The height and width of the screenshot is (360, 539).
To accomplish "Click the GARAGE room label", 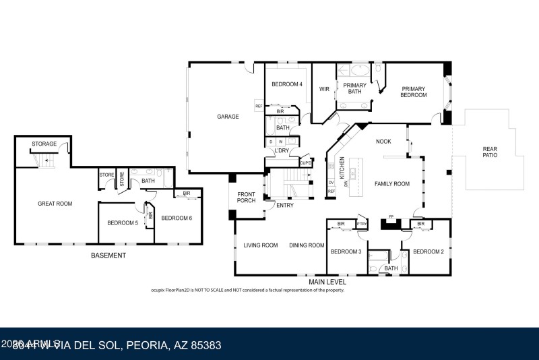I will [228, 117].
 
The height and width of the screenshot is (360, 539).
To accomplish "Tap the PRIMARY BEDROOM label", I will [414, 92].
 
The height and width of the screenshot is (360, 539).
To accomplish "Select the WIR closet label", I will [324, 88].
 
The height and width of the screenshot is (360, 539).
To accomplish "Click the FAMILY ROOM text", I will [392, 183].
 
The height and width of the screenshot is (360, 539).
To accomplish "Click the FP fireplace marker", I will [391, 217].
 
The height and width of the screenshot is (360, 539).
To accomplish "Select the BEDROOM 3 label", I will [345, 251].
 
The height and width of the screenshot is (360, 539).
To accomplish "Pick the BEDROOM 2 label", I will [429, 251].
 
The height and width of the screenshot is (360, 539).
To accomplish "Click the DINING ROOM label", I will [307, 245].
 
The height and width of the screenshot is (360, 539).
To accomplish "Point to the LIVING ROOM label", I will [260, 245].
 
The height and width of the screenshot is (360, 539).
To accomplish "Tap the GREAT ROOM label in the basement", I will [55, 203].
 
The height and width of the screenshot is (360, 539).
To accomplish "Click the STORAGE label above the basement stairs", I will [44, 144].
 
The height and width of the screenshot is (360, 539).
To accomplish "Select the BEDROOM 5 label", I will [123, 222].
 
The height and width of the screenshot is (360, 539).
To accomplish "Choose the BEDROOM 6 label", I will [177, 217].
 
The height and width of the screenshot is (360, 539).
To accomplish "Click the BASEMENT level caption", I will [108, 256].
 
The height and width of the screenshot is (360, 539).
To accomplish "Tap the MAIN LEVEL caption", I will [327, 282].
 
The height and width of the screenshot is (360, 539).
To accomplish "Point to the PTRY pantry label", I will [362, 224].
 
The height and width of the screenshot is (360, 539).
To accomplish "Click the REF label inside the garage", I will [258, 106].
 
